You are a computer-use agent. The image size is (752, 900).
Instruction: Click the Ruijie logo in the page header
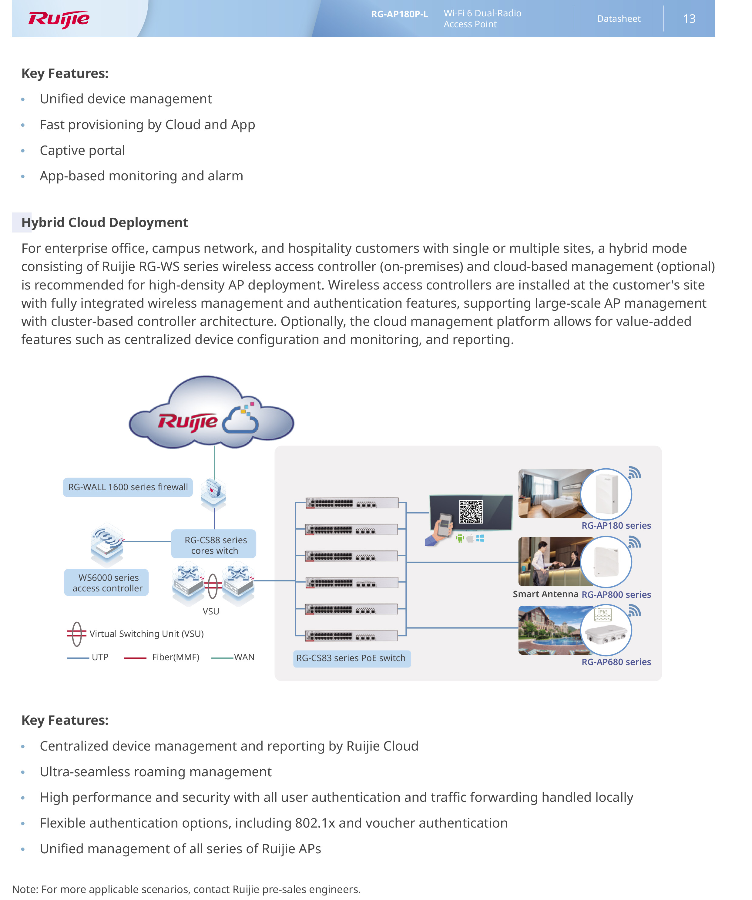point(59,19)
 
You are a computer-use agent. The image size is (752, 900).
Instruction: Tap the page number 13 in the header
point(689,19)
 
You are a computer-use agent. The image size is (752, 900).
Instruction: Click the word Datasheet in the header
point(618,19)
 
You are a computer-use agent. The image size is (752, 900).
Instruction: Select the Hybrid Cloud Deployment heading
point(105,222)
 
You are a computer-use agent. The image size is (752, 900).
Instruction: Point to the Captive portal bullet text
point(82,150)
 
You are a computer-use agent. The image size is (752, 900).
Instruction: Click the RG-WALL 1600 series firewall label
point(128,487)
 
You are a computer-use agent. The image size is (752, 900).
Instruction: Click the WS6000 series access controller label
point(107,583)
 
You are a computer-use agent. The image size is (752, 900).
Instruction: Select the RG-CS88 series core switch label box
point(214,545)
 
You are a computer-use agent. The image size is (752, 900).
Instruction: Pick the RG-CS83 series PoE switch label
point(351,658)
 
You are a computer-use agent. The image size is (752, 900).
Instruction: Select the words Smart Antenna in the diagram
point(545,594)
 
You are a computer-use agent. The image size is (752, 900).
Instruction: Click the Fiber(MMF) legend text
point(175,657)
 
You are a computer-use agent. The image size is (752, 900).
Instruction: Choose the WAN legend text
point(244,657)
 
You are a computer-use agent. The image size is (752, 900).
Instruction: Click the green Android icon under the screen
point(460,538)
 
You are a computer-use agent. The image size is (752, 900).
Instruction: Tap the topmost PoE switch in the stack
point(351,503)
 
